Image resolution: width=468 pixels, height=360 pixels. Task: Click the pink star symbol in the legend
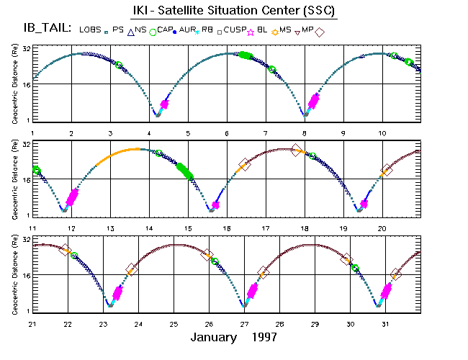tap(251, 32)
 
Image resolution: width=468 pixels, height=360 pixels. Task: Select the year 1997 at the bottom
tap(262, 337)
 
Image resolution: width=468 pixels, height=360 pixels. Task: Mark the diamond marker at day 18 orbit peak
tap(296, 150)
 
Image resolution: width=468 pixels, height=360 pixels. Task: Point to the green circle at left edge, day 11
tap(36, 171)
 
